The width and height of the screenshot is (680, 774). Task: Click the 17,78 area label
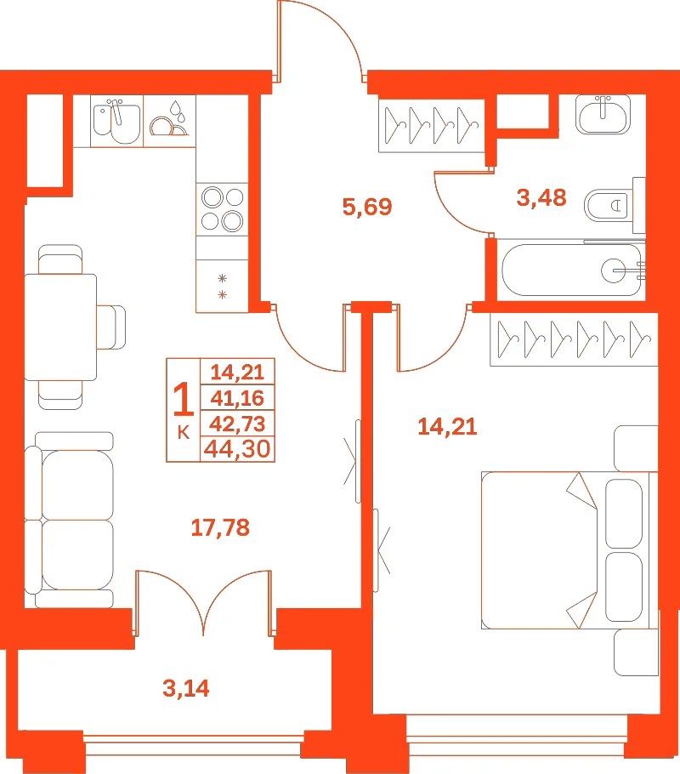(x=220, y=527)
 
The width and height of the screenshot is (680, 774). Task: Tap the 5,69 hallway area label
(x=367, y=207)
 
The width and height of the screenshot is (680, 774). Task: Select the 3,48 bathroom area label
(x=541, y=197)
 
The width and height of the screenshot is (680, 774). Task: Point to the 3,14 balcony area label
(x=186, y=687)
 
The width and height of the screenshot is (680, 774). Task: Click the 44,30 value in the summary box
(x=237, y=449)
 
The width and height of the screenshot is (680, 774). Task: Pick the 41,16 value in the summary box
(x=237, y=398)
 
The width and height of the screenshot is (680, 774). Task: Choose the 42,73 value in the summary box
(x=237, y=424)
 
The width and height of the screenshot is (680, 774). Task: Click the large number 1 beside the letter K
(x=183, y=398)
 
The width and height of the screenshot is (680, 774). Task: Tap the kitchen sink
(x=117, y=121)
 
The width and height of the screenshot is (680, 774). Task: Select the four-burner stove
(x=222, y=209)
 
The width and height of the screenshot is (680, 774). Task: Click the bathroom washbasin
(x=603, y=115)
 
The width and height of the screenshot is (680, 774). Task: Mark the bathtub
(x=571, y=270)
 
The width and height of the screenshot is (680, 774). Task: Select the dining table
(x=60, y=327)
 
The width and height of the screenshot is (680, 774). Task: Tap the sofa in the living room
(x=69, y=521)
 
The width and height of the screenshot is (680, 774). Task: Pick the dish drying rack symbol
(x=169, y=121)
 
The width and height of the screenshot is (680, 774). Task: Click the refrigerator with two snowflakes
(x=222, y=287)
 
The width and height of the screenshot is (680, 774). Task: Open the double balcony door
(x=203, y=603)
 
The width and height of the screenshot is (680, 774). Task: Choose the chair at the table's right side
(x=111, y=327)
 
